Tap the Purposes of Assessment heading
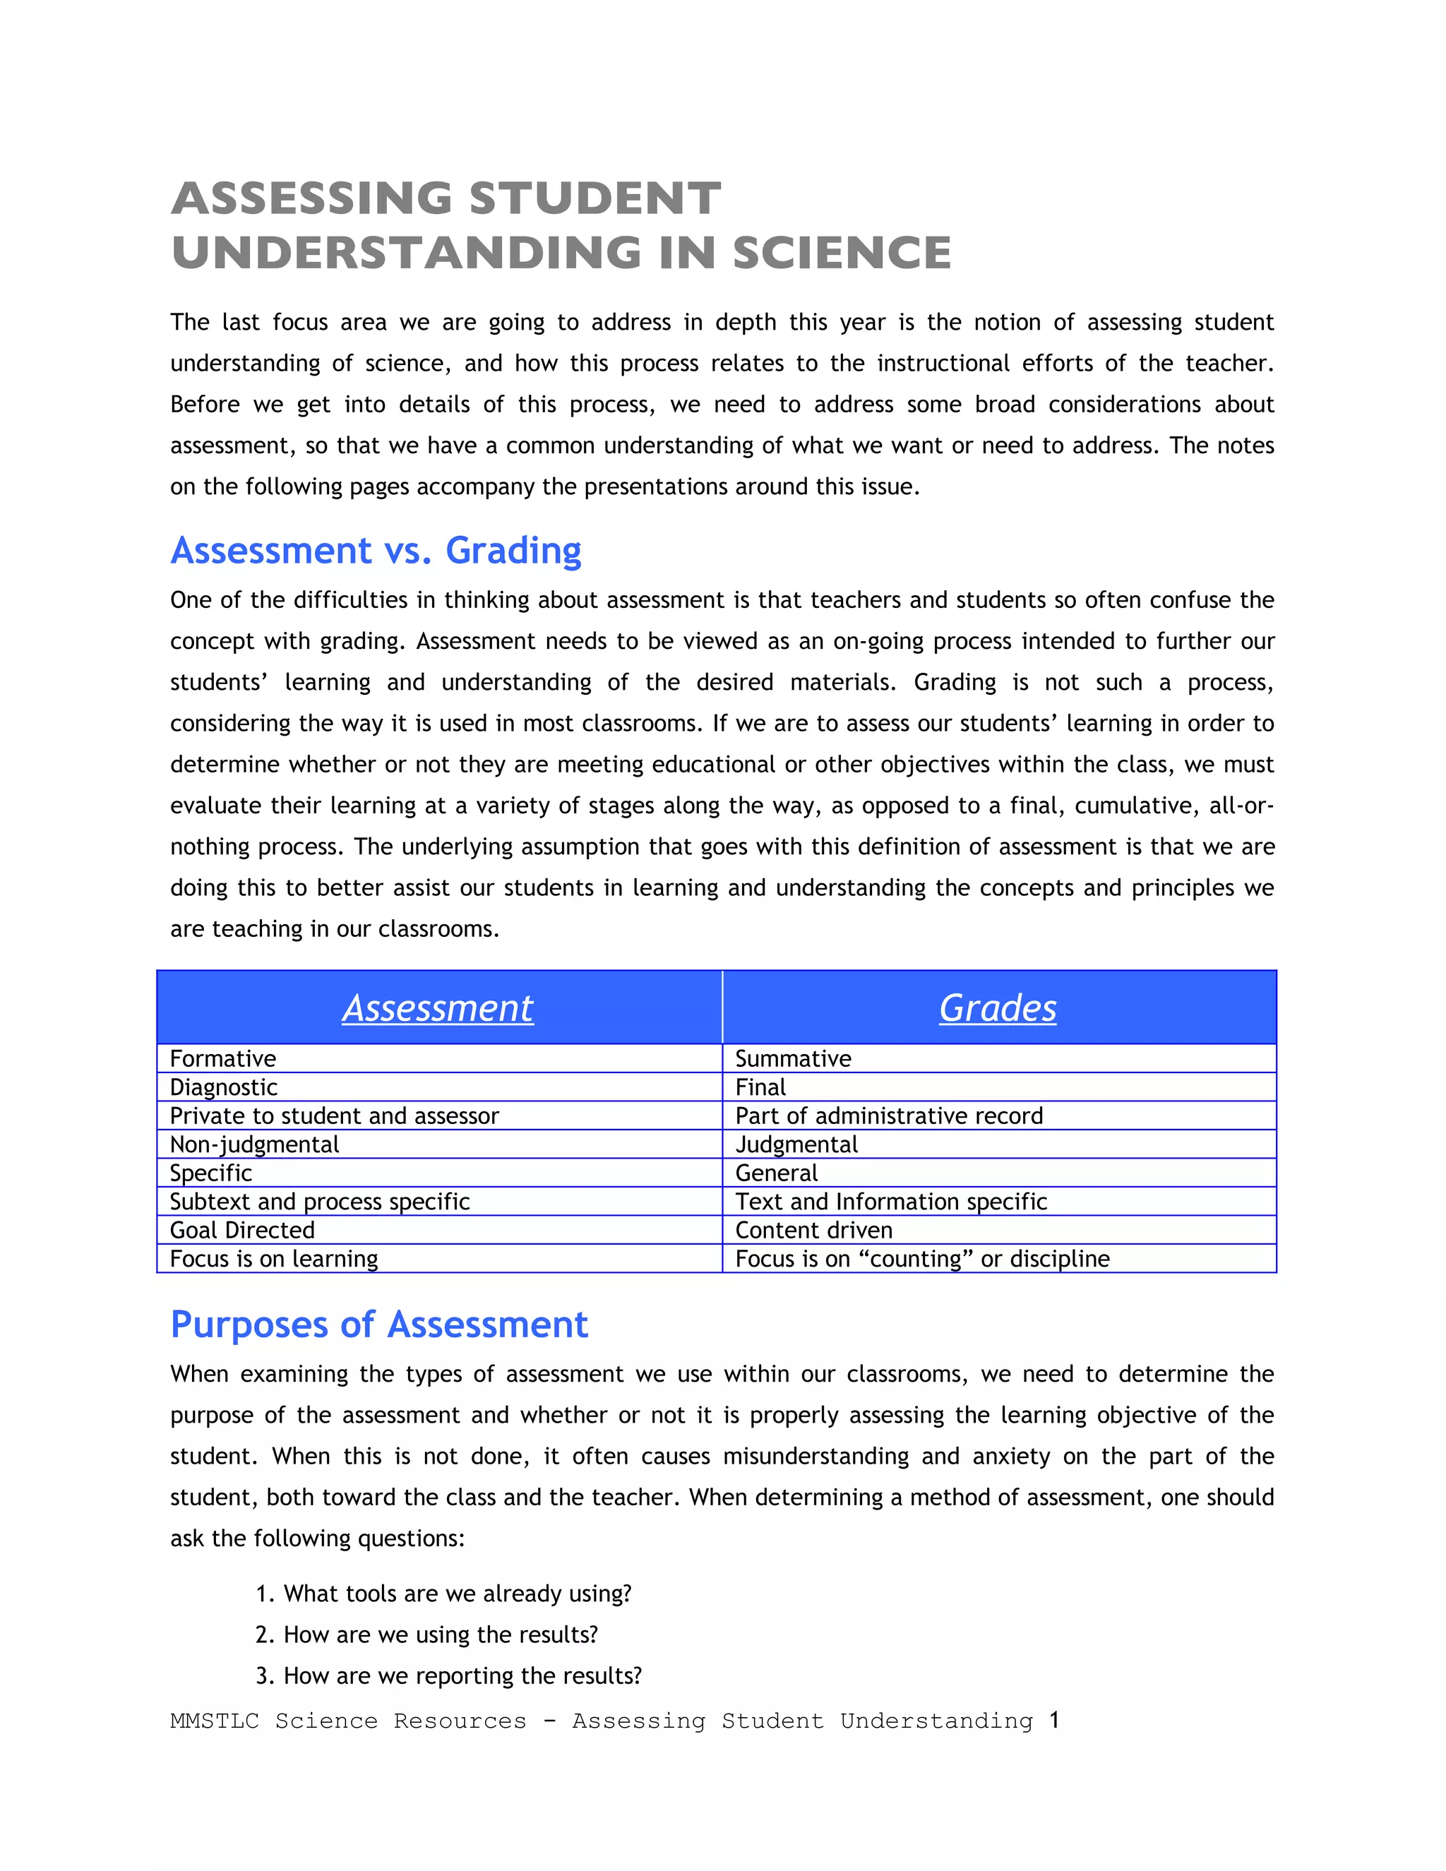[378, 1325]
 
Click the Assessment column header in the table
[438, 1008]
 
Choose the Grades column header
[997, 1008]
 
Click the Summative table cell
[792, 1059]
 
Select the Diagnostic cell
[224, 1087]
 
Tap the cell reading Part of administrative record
[888, 1116]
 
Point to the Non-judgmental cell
[254, 1144]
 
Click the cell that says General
[776, 1173]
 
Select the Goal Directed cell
[242, 1230]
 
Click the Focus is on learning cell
[273, 1258]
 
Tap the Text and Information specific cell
[890, 1202]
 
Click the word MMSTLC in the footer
[214, 1721]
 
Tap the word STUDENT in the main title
[594, 199]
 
